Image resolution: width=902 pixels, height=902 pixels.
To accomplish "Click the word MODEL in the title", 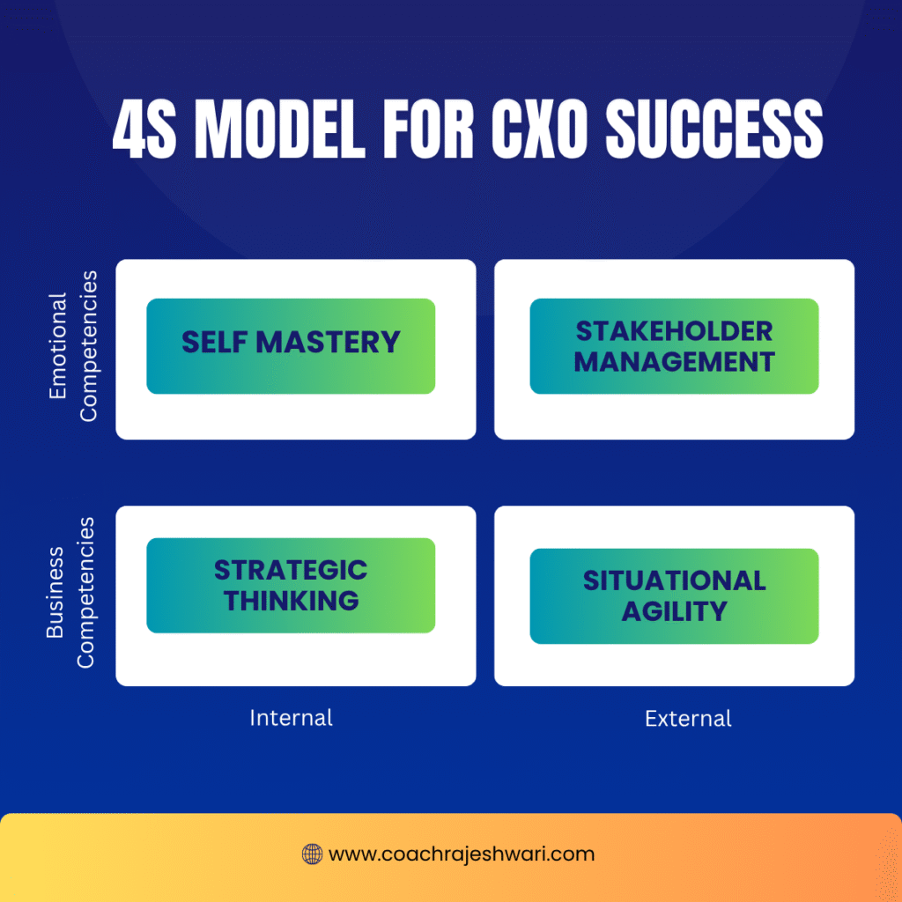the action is click(280, 128).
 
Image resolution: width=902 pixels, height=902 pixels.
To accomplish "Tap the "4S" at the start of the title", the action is click(144, 128).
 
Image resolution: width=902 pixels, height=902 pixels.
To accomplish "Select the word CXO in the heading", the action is click(539, 128).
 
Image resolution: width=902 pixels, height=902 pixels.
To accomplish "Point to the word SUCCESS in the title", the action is click(713, 128).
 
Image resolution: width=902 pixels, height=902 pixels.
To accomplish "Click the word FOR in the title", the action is click(428, 128).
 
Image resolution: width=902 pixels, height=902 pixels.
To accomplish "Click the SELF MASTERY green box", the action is click(291, 345).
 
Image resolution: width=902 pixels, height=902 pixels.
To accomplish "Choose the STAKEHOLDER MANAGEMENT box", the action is click(674, 345).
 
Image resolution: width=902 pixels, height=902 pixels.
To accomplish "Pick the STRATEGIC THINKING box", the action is click(291, 585).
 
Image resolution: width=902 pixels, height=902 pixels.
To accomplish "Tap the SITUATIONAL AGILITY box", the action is click(674, 596).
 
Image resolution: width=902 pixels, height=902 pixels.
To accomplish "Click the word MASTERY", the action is click(328, 343).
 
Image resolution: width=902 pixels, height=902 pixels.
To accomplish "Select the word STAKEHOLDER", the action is click(674, 331).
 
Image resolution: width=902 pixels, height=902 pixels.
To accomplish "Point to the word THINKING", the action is click(291, 601).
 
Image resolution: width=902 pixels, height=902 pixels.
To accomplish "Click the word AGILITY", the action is click(674, 611).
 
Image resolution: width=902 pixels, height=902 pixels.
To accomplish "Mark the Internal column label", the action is click(291, 718).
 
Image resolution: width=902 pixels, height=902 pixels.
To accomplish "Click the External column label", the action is click(688, 719).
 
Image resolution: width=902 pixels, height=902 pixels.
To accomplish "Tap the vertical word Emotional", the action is click(58, 345).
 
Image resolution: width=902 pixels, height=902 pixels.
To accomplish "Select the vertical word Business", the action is click(55, 593).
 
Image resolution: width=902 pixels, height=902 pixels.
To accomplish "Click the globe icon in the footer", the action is click(313, 854).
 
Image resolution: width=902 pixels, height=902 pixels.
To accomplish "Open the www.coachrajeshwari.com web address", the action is click(462, 854).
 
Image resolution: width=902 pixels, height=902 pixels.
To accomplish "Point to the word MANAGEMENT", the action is click(674, 362).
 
